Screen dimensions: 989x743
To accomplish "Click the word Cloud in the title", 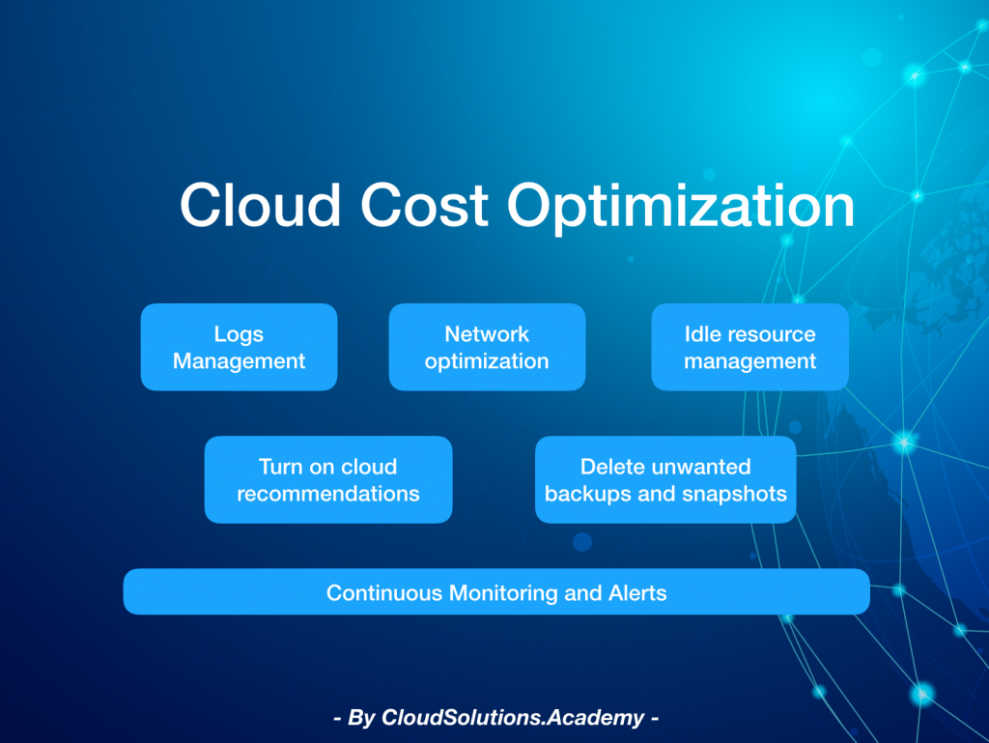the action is point(261,205).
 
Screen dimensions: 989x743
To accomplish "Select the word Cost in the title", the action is point(424,205).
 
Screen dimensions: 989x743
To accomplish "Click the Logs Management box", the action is point(240,347).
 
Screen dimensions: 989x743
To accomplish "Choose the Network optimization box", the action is point(487,347).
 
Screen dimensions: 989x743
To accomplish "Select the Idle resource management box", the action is point(749,347).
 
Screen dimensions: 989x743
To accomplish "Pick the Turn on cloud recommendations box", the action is point(328,479).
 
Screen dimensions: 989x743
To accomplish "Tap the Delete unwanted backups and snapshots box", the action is point(665,479).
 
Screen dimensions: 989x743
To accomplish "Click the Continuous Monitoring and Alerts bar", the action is point(496,591).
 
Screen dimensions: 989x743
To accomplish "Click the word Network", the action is point(487,333).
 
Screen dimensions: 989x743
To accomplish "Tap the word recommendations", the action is point(328,493).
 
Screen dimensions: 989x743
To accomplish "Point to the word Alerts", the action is point(637,593).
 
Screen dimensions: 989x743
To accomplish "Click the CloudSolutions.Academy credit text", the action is point(496,718).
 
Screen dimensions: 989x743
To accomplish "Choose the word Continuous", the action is point(384,593).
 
